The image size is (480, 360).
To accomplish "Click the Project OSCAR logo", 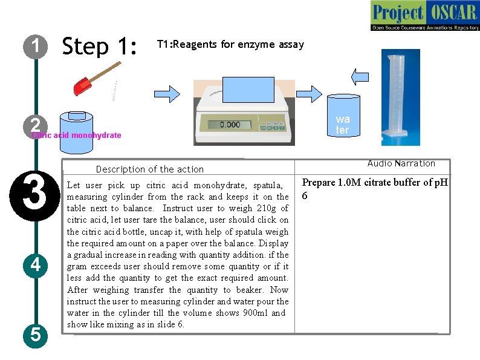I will [425, 16].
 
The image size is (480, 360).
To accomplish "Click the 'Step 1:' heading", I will [100, 46].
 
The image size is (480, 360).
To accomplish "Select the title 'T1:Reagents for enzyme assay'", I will [230, 44].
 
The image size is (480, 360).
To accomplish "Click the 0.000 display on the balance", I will [230, 125].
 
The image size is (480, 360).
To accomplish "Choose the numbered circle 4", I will [36, 264].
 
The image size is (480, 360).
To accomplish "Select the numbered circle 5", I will [36, 334].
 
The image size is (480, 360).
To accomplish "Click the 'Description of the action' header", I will [150, 169].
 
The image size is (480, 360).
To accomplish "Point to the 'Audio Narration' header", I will [401, 163].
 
